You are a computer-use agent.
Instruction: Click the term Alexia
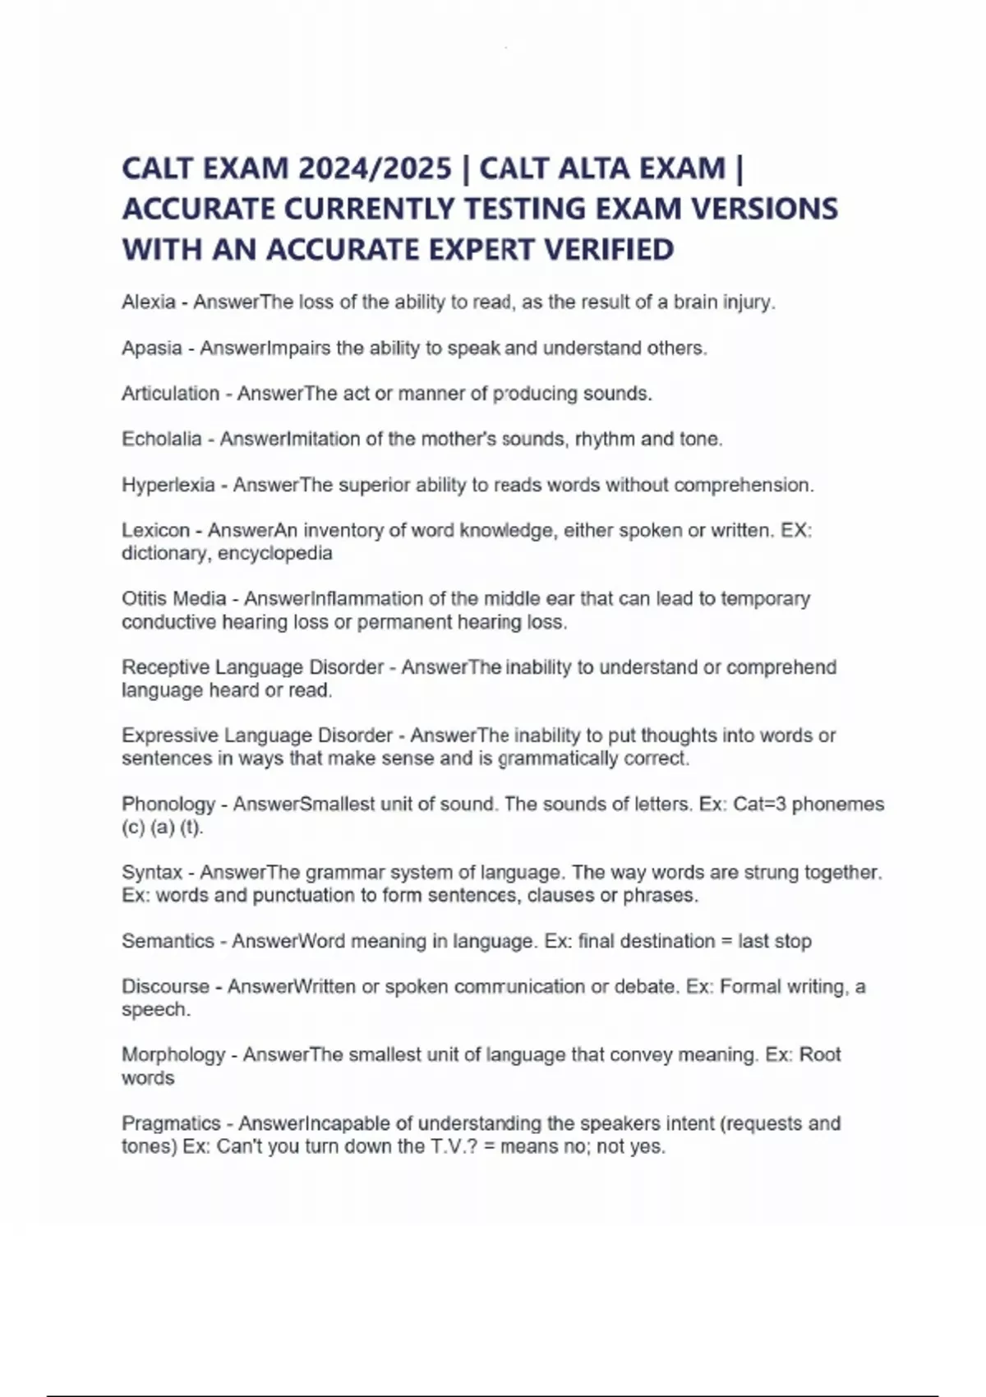point(148,302)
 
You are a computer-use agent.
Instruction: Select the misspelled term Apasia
point(151,348)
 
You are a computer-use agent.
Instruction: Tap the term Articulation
point(170,394)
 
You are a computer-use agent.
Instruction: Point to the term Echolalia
point(161,439)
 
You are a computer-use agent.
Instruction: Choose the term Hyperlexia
point(168,485)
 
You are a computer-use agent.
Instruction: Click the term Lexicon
point(155,530)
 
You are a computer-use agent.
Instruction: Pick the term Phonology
point(168,804)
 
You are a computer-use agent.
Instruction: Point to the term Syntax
point(151,872)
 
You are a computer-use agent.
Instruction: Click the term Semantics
point(168,941)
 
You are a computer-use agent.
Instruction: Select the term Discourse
point(165,986)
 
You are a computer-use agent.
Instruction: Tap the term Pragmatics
point(171,1123)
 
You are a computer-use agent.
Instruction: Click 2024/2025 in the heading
point(375,168)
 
